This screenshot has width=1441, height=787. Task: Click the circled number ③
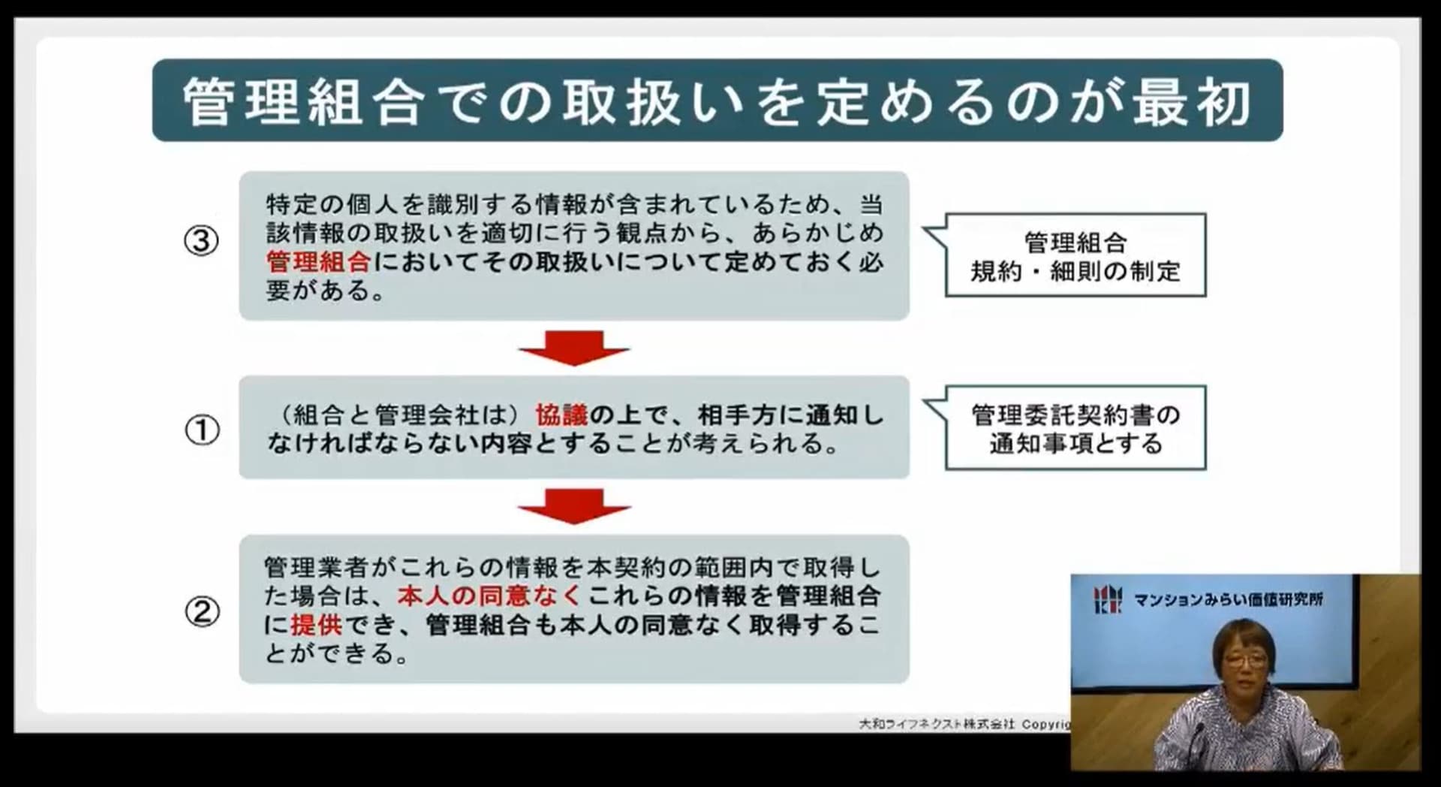point(201,241)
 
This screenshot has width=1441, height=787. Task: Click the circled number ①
point(202,430)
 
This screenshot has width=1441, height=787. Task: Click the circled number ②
point(202,612)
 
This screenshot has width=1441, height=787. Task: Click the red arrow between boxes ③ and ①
point(574,348)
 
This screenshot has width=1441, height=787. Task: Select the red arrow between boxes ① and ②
point(574,506)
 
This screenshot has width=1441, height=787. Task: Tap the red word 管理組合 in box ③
point(318,261)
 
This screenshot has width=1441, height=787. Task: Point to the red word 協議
point(561,415)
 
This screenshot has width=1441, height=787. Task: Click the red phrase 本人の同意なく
point(489,596)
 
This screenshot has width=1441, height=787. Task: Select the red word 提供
point(316,625)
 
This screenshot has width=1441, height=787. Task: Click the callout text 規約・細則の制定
point(1075,271)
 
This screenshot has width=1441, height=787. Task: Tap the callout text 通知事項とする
point(1075,443)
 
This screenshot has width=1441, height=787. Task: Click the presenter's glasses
point(1244,661)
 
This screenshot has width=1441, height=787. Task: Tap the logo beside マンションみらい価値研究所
point(1108,599)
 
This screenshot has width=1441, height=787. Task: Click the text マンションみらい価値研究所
point(1229,599)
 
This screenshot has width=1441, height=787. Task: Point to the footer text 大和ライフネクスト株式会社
point(937,724)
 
